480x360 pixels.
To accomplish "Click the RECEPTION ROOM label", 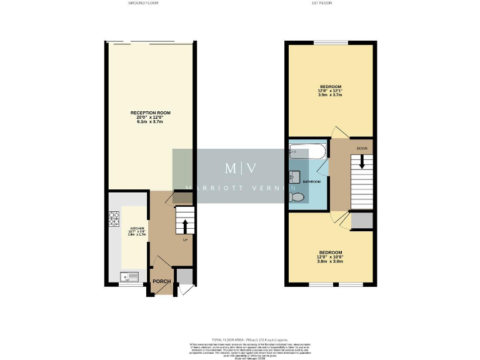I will click(x=150, y=113).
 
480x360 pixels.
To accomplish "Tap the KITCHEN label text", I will click(x=137, y=228).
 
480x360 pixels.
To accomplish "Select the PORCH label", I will click(x=162, y=281).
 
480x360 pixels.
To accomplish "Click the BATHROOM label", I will click(x=312, y=181).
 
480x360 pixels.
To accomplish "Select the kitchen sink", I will click(x=129, y=276).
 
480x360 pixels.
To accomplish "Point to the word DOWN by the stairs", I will click(x=362, y=148).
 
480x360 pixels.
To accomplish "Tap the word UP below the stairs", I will click(x=185, y=241).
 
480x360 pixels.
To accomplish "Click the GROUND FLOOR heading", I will click(x=143, y=3).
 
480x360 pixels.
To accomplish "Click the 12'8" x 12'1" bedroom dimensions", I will click(x=330, y=91).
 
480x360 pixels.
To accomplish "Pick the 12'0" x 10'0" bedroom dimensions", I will click(x=330, y=257).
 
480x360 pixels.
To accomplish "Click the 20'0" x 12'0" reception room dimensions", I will click(x=150, y=117).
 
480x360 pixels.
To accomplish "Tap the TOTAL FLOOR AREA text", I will click(x=240, y=337).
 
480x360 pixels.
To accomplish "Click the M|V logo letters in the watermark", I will click(x=240, y=168).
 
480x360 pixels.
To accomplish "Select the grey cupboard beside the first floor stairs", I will click(x=362, y=220).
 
